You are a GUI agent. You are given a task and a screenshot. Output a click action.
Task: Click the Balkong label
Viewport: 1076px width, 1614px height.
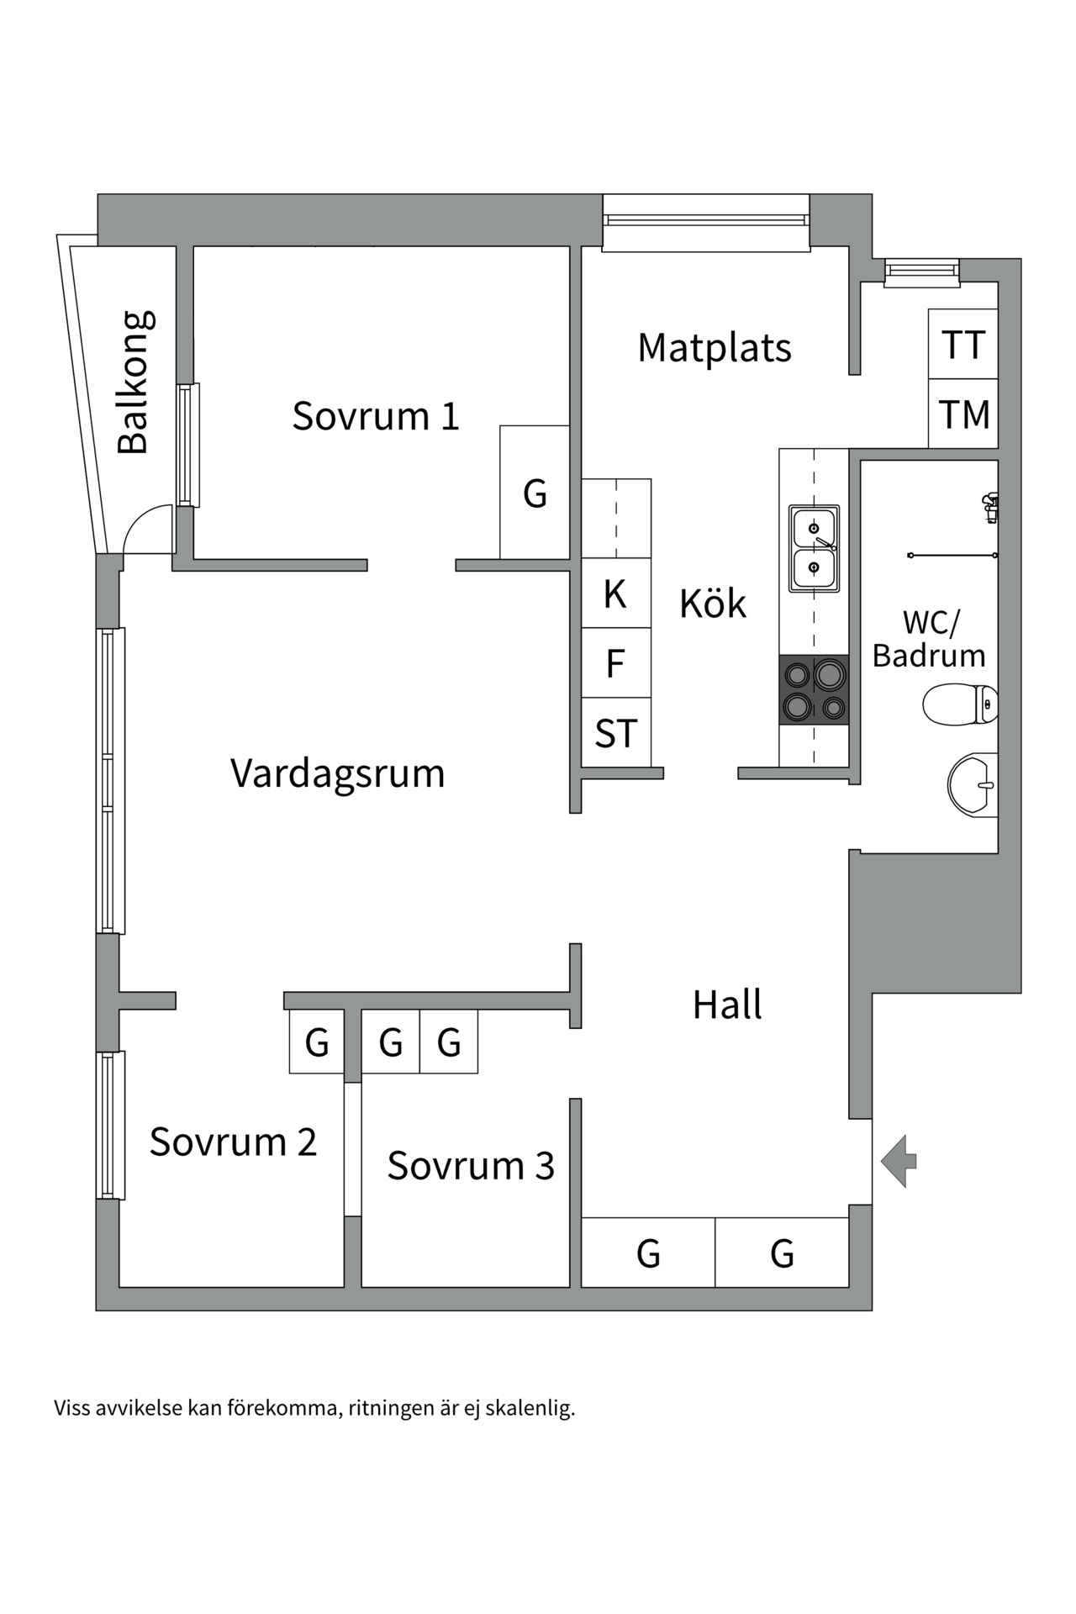click(135, 382)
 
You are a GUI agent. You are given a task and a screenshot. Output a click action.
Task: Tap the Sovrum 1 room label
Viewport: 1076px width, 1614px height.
click(376, 416)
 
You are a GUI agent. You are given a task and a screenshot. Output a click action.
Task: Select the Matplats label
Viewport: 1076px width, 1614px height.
click(715, 348)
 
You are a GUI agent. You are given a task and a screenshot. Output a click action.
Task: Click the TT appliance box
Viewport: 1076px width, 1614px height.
click(963, 345)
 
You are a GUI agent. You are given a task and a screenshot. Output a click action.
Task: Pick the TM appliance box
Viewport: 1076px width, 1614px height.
click(963, 414)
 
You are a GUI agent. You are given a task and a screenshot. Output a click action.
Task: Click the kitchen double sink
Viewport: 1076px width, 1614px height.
click(814, 548)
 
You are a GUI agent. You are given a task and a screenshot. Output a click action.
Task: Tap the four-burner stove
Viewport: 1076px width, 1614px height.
click(814, 690)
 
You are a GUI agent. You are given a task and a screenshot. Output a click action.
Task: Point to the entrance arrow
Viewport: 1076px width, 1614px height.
click(899, 1161)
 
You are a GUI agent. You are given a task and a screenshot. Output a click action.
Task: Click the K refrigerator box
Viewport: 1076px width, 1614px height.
click(615, 593)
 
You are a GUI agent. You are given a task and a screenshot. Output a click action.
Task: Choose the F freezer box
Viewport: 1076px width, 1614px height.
click(615, 663)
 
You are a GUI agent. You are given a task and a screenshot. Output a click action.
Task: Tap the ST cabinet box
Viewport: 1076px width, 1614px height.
click(615, 733)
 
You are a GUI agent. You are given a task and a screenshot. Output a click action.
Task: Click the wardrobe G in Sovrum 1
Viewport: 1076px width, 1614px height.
click(535, 493)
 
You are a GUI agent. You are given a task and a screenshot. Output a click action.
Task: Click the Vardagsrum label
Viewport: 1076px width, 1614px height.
click(337, 773)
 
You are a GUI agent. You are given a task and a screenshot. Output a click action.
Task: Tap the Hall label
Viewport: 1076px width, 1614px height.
click(727, 1005)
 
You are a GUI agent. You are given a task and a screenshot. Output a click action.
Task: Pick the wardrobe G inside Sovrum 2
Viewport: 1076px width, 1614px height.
click(316, 1043)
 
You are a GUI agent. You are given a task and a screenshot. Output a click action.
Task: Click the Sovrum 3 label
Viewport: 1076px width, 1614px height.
click(471, 1166)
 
